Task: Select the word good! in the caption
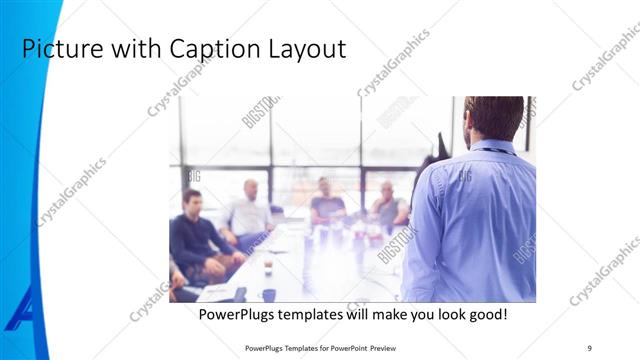pyautogui.click(x=483, y=314)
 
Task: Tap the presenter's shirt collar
pyautogui.click(x=493, y=148)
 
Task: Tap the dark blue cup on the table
pyautogui.click(x=269, y=294)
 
